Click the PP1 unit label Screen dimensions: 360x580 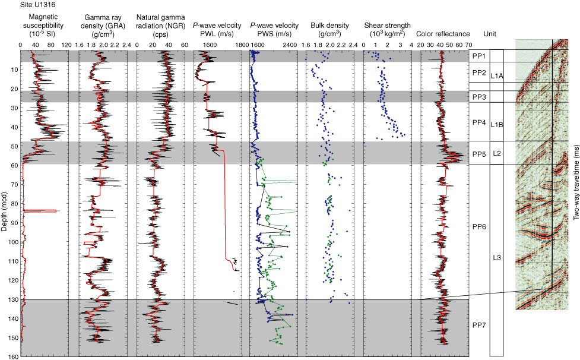478,56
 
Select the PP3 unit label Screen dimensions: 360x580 478,97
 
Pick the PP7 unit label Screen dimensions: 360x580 478,326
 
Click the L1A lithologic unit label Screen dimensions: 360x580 497,76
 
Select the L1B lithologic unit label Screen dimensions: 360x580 497,124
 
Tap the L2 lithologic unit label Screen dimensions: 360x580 497,154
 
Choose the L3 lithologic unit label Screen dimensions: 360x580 497,257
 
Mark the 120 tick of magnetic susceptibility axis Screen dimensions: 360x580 66,45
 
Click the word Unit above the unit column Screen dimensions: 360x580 491,34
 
